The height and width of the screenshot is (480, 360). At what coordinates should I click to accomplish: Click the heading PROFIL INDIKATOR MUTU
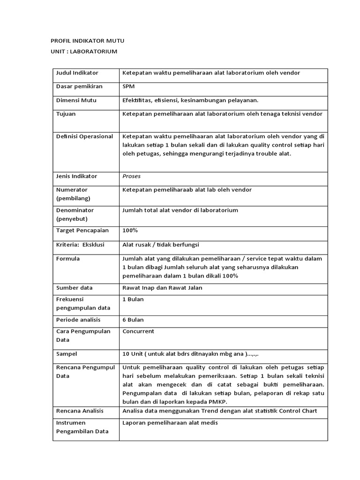click(87, 41)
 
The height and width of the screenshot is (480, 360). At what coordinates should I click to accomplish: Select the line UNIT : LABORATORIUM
click(83, 51)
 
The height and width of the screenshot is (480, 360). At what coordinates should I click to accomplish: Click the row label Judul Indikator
click(77, 73)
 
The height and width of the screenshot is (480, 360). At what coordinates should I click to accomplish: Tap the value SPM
click(128, 87)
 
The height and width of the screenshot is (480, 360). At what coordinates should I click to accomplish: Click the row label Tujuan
click(66, 114)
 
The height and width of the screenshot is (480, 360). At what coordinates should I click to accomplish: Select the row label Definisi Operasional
click(84, 136)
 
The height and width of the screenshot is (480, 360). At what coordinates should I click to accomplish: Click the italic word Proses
click(131, 176)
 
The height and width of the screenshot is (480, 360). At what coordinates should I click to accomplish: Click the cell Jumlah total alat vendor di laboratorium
click(180, 210)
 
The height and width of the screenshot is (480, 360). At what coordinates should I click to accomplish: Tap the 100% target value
click(130, 231)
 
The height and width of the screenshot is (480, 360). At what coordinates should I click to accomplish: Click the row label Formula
click(68, 259)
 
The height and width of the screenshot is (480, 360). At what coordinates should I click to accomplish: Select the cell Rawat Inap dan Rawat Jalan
click(162, 288)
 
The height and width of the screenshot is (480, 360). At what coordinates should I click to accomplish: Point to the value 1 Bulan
click(133, 299)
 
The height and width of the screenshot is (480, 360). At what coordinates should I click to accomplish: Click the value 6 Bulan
click(133, 320)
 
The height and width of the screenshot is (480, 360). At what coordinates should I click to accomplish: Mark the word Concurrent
click(138, 331)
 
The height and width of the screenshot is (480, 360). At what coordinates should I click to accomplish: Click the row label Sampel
click(67, 354)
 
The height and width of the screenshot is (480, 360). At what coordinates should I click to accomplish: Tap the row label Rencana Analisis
click(80, 411)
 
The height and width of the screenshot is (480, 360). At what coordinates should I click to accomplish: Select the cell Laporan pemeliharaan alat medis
click(170, 423)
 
